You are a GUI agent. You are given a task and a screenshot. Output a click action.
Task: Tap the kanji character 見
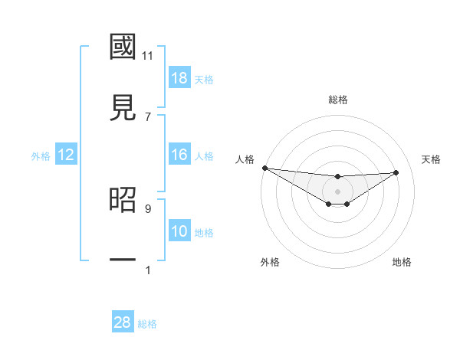[x=123, y=108]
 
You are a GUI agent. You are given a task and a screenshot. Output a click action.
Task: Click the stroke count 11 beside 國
[x=148, y=56]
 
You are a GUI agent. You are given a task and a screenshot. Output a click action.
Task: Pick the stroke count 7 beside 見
[x=148, y=117]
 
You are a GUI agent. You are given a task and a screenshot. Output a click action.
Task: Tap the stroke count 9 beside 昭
[x=148, y=208]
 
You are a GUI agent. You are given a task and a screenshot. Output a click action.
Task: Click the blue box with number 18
[x=179, y=78]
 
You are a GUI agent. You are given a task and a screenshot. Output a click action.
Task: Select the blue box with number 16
[x=179, y=155]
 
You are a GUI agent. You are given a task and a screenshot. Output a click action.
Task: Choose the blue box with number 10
[x=179, y=231]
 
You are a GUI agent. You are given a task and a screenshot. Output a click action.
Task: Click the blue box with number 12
[x=66, y=155]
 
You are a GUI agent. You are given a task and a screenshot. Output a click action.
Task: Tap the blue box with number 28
[x=123, y=322]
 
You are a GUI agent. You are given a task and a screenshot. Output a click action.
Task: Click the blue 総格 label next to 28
[x=147, y=324]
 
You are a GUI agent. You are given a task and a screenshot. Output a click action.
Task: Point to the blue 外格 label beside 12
[x=41, y=156]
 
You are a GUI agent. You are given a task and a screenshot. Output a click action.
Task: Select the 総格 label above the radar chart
[x=338, y=100]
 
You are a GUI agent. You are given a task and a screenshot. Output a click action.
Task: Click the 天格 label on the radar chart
[x=432, y=159]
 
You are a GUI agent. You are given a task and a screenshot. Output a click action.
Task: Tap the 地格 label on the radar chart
[x=402, y=262]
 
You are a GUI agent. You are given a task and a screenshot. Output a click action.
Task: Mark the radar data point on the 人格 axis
[x=264, y=168]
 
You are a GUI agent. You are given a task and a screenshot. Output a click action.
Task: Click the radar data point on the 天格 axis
[x=396, y=172]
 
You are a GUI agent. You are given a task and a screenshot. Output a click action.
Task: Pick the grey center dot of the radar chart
[x=337, y=191]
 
